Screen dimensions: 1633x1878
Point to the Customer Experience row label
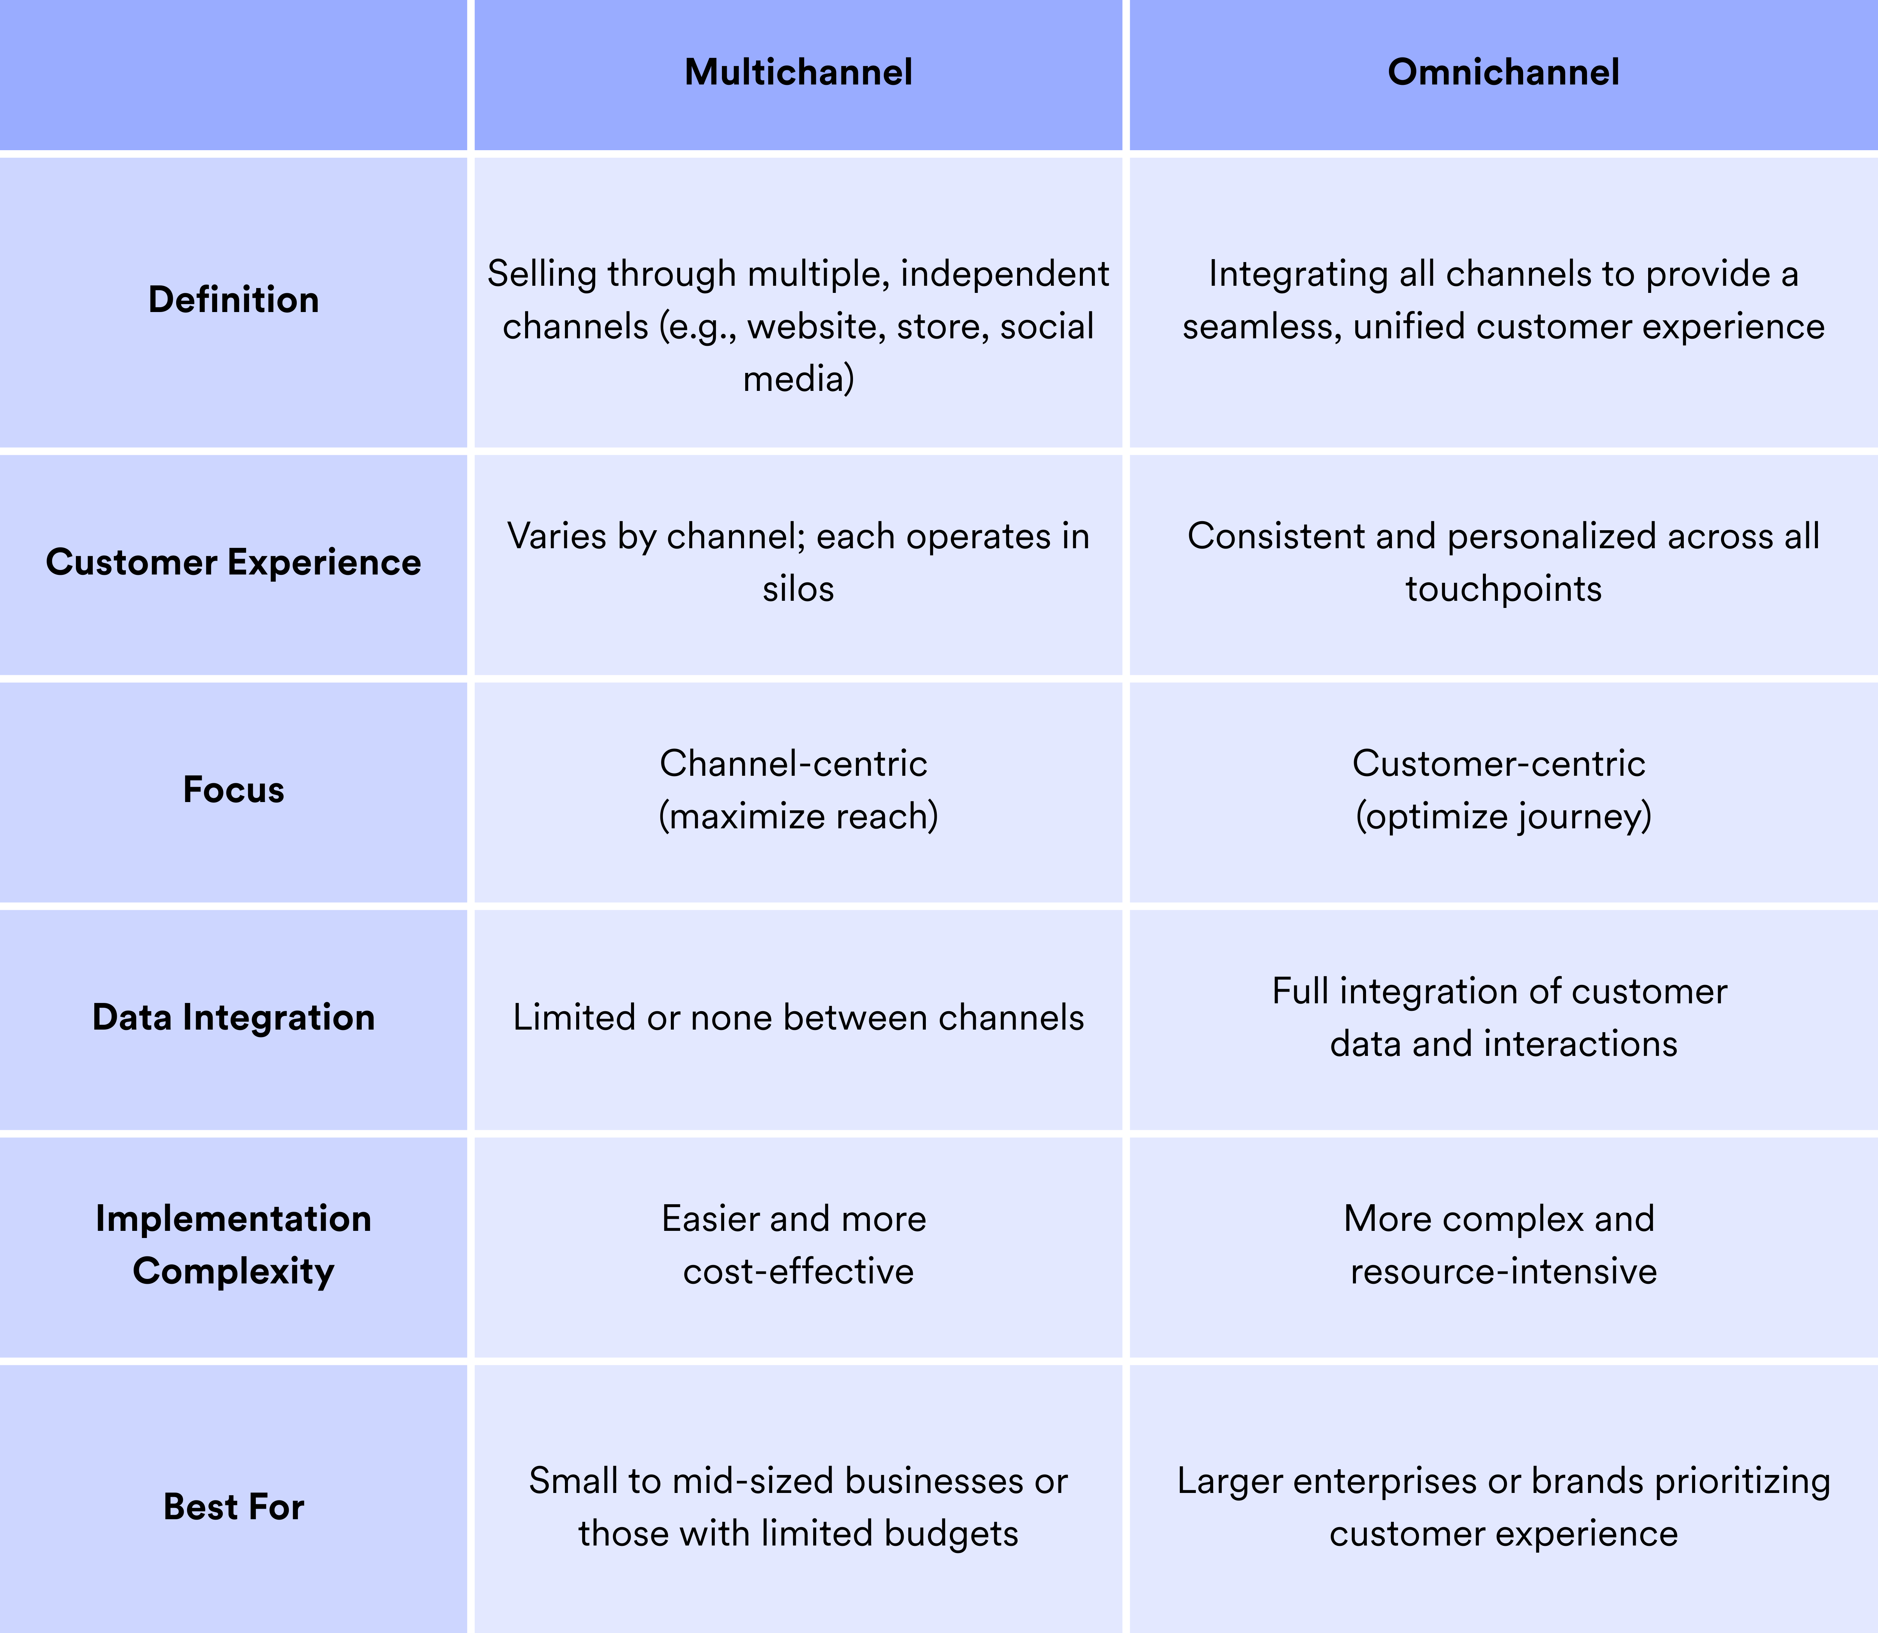(233, 562)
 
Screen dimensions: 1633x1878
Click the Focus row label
(233, 789)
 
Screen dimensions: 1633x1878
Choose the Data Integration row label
(233, 1017)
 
